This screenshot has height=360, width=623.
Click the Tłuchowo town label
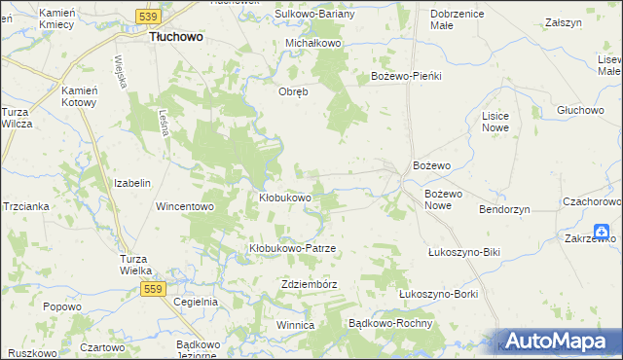(x=175, y=36)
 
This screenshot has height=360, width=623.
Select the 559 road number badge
(x=151, y=289)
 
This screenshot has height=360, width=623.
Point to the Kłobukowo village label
(x=284, y=198)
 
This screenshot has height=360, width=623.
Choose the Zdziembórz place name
(x=308, y=284)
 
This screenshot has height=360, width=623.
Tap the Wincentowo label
(x=185, y=206)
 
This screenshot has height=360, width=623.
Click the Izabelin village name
(x=132, y=183)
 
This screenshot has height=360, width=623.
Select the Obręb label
(x=293, y=92)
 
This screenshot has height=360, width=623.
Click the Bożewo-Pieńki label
(x=407, y=76)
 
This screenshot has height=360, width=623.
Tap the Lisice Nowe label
(x=495, y=122)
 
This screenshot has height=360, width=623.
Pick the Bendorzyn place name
(x=505, y=209)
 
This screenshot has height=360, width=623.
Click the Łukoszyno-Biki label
(x=463, y=252)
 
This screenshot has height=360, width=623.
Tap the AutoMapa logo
(x=556, y=341)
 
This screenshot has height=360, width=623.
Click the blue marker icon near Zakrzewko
(x=605, y=231)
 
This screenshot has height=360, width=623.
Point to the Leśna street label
(x=165, y=123)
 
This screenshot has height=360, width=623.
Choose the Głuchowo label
(x=581, y=110)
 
